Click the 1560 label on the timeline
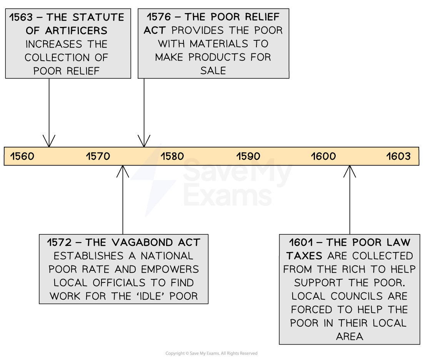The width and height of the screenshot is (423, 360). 22,156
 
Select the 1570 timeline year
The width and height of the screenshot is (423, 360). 98,156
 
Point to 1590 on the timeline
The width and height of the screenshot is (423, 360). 248,156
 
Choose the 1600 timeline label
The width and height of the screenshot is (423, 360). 323,156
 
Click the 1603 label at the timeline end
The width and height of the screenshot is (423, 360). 398,156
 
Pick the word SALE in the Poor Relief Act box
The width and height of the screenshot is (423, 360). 213,71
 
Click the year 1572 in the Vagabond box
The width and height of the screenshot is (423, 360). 60,243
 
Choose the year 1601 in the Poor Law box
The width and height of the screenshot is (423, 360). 302,243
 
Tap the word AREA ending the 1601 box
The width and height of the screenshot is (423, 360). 349,337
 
